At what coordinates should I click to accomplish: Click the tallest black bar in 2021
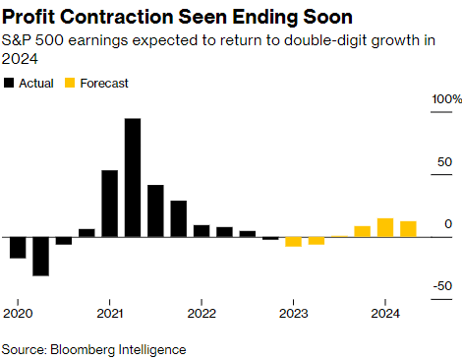(133, 178)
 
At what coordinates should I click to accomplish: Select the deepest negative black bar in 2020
(40, 256)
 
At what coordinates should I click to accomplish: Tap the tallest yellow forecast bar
(385, 227)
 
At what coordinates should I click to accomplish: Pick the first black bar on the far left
(17, 247)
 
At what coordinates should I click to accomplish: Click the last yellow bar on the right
(409, 229)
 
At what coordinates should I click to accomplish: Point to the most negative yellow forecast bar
(293, 241)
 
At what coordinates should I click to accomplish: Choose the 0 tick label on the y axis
(448, 224)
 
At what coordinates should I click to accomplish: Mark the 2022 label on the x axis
(201, 314)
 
